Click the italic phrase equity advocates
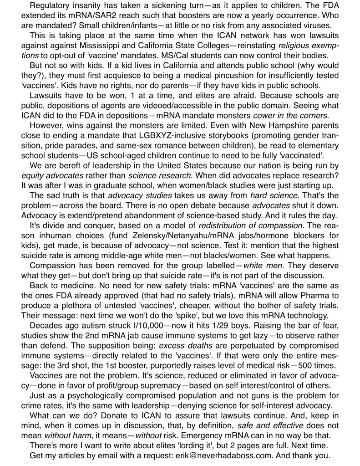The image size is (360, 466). (52, 176)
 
